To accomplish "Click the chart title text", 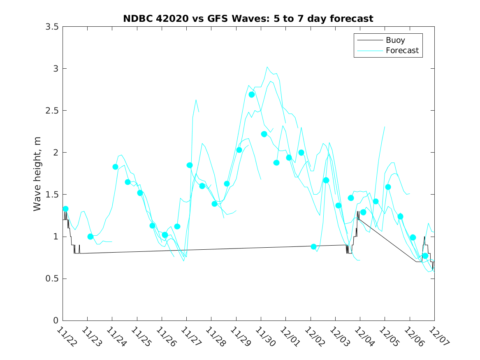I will click(x=248, y=19).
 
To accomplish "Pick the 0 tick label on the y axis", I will click(x=56, y=321).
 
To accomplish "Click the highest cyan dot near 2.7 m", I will click(x=252, y=95).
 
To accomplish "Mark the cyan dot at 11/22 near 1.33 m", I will click(x=65, y=209).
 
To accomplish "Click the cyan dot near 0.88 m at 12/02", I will click(x=314, y=246).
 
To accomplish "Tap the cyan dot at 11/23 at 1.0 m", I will click(x=90, y=237).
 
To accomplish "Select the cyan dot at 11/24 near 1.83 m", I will click(x=116, y=167).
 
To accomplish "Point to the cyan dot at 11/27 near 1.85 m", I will click(x=190, y=165).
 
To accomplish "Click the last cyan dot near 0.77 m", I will click(x=425, y=256).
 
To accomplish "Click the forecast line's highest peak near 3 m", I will click(x=267, y=67).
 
